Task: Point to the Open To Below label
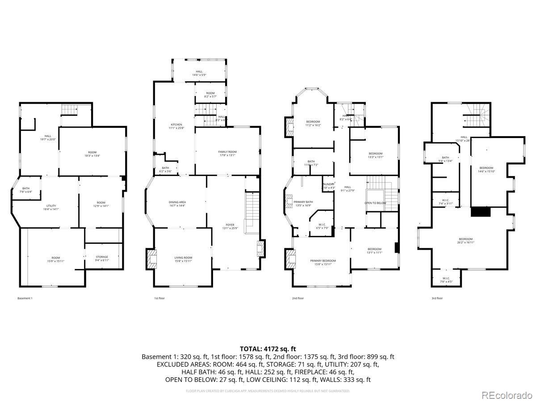[x=375, y=203]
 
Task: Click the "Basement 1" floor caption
[x=25, y=298]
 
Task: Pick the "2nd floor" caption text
[x=298, y=298]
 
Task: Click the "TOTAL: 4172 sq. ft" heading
[x=268, y=348]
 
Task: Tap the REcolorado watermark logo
[x=507, y=395]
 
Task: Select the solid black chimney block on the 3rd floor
[x=481, y=211]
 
